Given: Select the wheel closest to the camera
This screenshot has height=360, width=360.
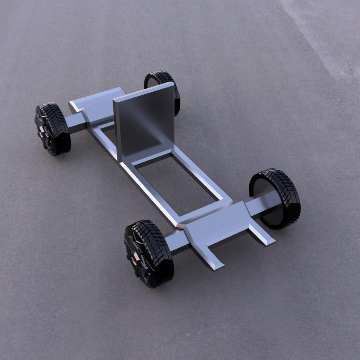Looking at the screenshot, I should pos(149,253).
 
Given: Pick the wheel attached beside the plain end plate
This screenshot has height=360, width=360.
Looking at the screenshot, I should pos(52,129).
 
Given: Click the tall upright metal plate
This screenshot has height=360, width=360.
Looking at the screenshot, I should pos(145,122).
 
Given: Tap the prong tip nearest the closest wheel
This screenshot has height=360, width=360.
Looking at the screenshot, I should pos(216,264).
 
